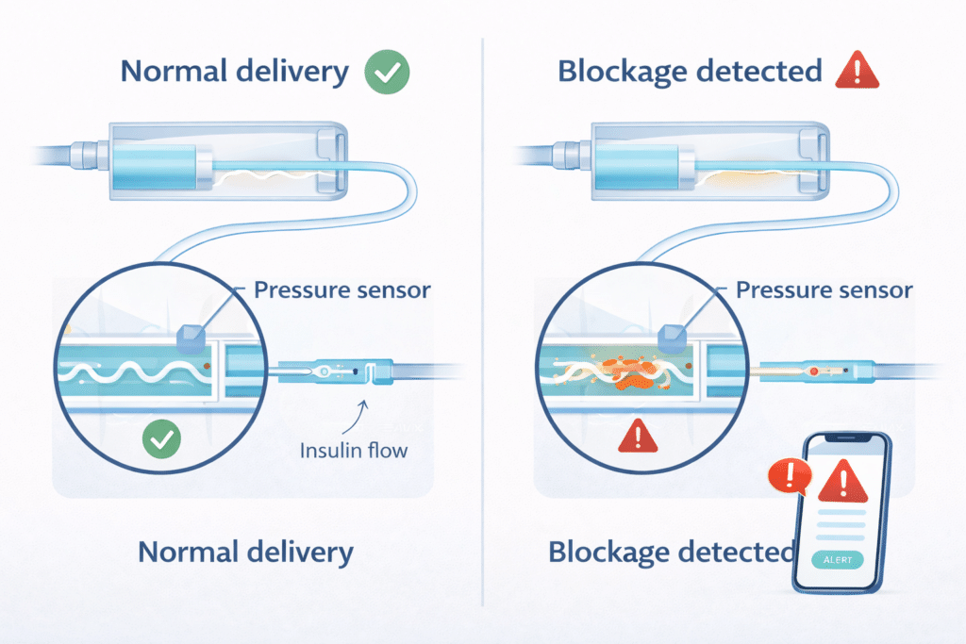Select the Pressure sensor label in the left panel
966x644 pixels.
[x=342, y=289]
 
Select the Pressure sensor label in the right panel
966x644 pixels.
[x=824, y=289]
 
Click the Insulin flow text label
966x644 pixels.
[x=354, y=450]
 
